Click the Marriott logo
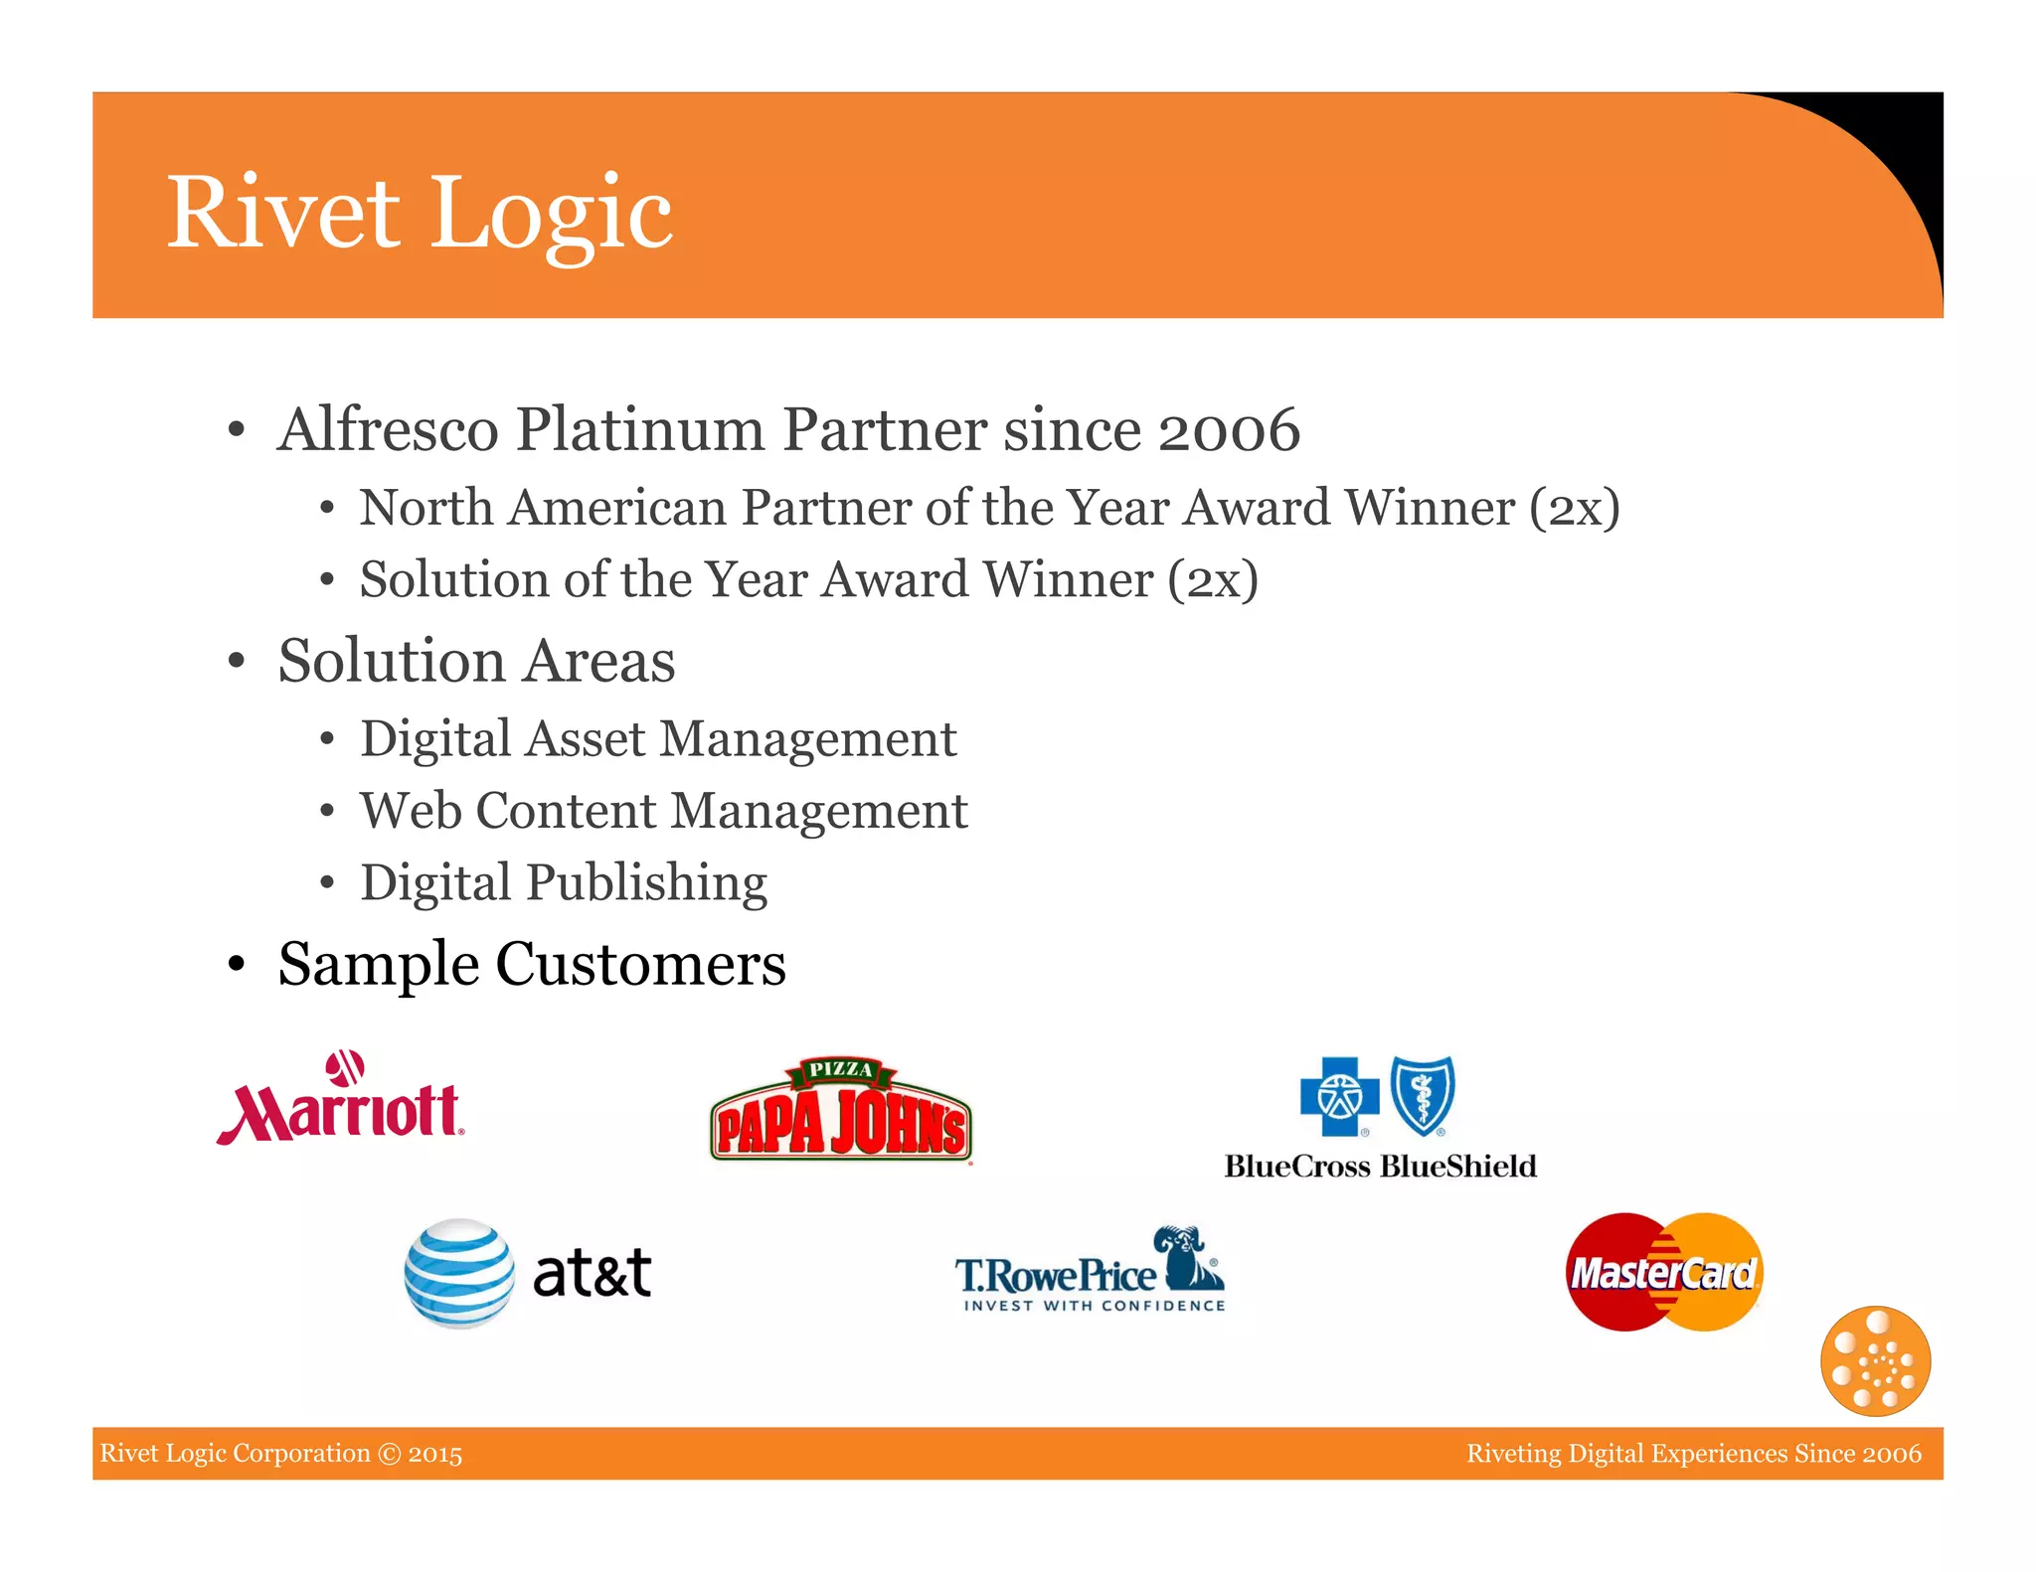(x=340, y=1101)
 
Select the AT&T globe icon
(x=459, y=1273)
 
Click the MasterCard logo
(x=1664, y=1272)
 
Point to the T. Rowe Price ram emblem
(x=1187, y=1256)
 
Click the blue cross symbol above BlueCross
(x=1339, y=1096)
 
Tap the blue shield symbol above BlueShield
(x=1423, y=1095)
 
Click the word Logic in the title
(x=553, y=213)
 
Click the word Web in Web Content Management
(x=411, y=811)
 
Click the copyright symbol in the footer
(x=390, y=1454)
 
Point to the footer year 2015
(x=435, y=1454)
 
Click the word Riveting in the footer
(x=1513, y=1454)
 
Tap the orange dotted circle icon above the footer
(x=1875, y=1360)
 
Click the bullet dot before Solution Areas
(x=236, y=661)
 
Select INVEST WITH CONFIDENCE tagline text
(x=1094, y=1306)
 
